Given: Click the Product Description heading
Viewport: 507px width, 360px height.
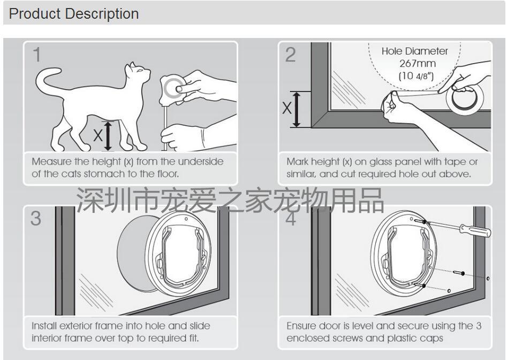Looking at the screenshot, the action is pos(74,14).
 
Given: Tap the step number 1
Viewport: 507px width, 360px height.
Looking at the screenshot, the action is pos(37,55).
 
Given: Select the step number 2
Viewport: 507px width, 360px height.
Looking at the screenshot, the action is pos(290,55).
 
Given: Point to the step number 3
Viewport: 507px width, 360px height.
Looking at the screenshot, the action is pos(36,218).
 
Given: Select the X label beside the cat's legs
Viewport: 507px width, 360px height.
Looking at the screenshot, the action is pos(97,135).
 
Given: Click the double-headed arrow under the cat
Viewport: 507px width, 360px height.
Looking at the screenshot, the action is pos(108,136).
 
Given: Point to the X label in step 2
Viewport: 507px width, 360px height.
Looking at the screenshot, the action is pos(287,108).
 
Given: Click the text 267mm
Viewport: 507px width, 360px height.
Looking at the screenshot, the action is pos(418,63).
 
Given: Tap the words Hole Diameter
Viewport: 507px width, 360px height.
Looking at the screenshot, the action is pos(414,51).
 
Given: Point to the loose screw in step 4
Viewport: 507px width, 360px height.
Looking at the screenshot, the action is pos(459,273).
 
